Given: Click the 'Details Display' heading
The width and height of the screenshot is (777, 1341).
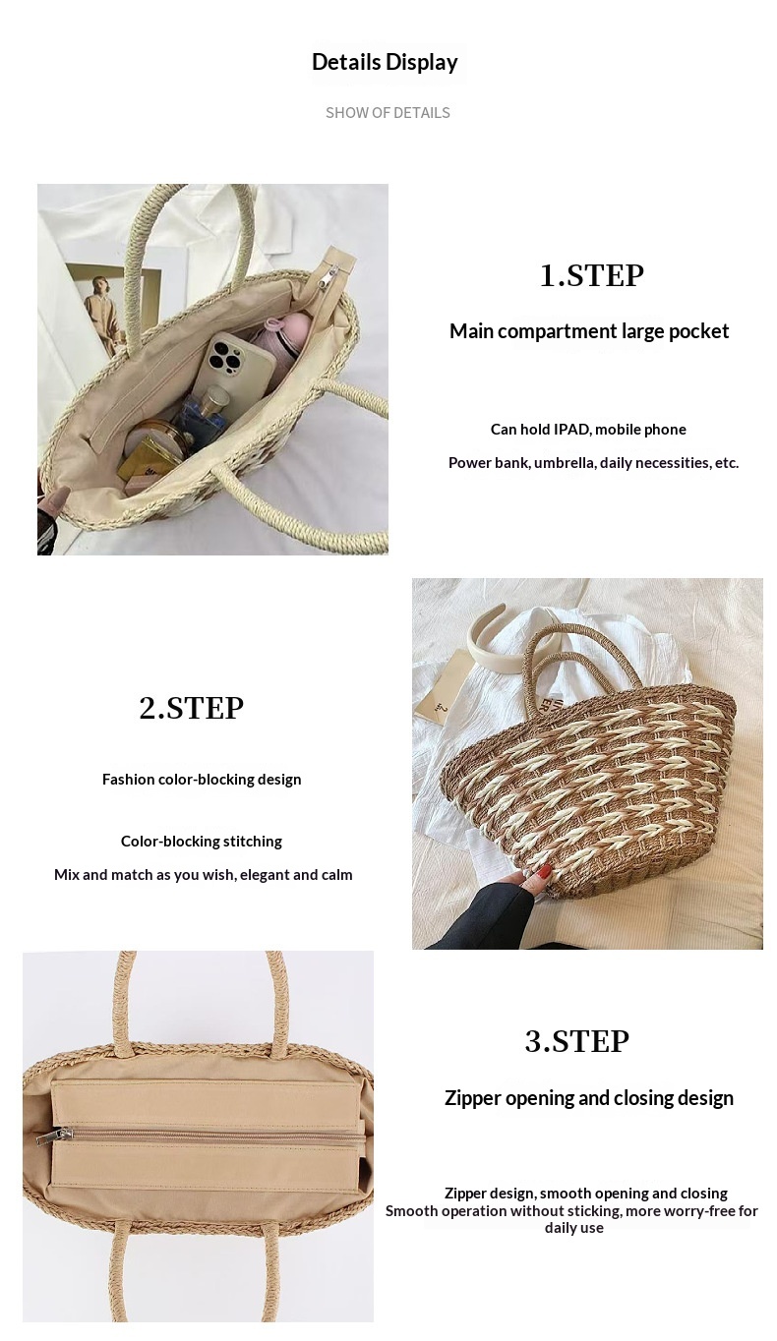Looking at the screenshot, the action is (x=385, y=62).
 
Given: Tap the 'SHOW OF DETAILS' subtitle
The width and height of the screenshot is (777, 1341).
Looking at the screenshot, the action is (x=388, y=112).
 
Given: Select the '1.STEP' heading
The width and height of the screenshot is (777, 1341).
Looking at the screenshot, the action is (x=591, y=276).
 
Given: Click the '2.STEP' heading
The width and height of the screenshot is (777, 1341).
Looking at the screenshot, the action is (x=191, y=708).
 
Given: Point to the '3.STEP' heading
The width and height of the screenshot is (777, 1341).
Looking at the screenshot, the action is (x=577, y=1041).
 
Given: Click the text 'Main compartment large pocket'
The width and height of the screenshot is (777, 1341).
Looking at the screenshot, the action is (x=589, y=331).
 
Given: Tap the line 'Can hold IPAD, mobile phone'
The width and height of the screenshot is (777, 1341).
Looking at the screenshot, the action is (x=588, y=430).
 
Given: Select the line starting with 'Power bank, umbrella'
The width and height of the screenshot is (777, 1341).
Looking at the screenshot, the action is (x=593, y=463).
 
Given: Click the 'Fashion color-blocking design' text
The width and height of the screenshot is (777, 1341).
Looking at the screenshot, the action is (x=202, y=780).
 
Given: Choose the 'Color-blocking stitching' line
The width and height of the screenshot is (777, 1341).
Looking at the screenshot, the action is (x=202, y=842).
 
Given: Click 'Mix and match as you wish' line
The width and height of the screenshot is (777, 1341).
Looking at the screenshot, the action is (x=203, y=875).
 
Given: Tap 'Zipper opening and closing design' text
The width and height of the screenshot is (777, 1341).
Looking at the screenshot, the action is (x=589, y=1098).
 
